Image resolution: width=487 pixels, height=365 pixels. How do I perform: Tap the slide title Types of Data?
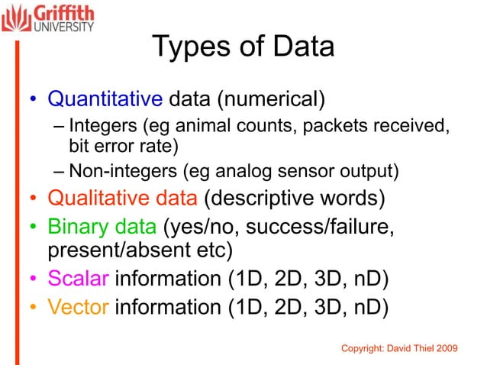pyautogui.click(x=243, y=47)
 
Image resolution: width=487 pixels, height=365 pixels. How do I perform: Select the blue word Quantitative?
pyautogui.click(x=105, y=99)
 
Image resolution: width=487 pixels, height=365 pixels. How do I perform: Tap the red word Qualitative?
pyautogui.click(x=94, y=199)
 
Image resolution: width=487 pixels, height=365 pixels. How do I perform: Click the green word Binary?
pyautogui.click(x=75, y=227)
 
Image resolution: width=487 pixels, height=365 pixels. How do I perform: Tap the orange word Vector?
pyautogui.click(x=79, y=307)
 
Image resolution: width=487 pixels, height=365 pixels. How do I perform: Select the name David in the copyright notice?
pyautogui.click(x=400, y=348)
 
